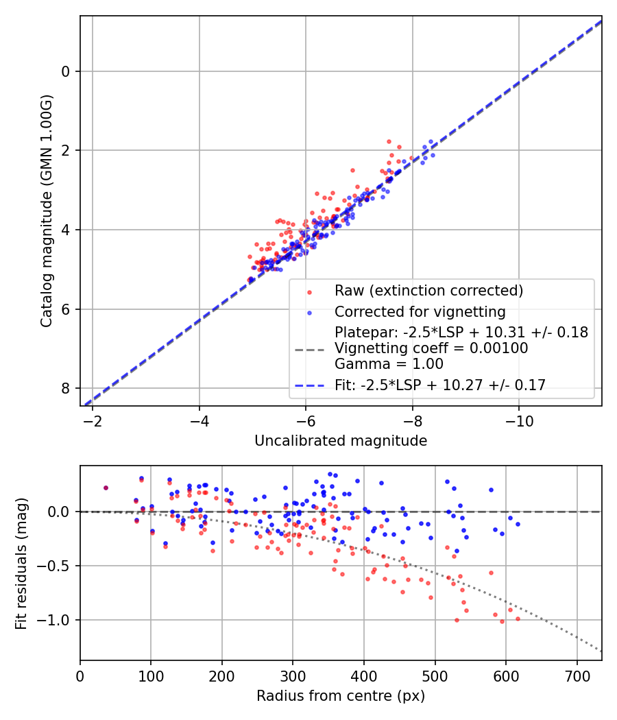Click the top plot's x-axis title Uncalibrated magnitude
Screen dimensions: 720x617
341,441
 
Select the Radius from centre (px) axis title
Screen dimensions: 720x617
341,696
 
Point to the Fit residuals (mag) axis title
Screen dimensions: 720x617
22,563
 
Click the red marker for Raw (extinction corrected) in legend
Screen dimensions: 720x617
309,291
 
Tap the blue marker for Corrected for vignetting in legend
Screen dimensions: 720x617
309,313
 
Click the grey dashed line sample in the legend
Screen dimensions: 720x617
309,349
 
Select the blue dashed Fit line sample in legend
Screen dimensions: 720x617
309,385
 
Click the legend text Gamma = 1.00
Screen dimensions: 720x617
389,364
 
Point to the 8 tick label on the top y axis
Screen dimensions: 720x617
66,389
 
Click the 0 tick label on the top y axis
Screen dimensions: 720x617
66,71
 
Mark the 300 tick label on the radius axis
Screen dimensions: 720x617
293,675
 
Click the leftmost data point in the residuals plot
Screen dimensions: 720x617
106,488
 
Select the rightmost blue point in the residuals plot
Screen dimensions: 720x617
518,524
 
